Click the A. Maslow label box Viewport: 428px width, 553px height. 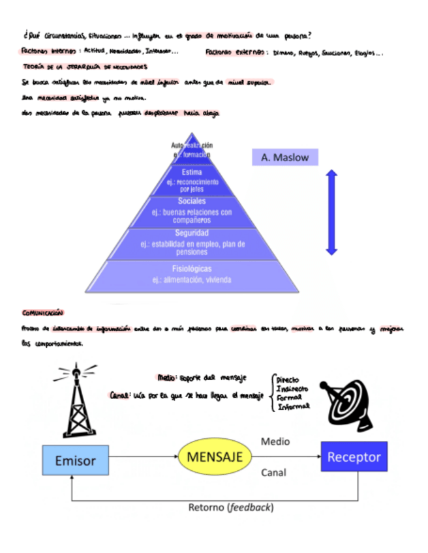(284, 157)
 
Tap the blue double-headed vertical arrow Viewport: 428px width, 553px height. (331, 212)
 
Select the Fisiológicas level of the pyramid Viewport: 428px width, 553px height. (192, 275)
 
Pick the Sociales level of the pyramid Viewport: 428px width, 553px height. (192, 211)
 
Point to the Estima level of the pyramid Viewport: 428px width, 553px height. (192, 180)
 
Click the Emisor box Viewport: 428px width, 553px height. (75, 460)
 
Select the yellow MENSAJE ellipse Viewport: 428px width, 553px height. (215, 456)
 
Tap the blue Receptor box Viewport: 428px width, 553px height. (354, 456)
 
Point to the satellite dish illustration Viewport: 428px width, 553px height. (346, 398)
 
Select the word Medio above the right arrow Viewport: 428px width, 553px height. (275, 441)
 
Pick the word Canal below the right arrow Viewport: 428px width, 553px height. (273, 473)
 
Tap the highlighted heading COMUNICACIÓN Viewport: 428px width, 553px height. (43, 312)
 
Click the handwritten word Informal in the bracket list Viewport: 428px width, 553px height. (293, 406)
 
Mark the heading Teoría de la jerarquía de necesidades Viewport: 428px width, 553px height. (85, 67)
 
